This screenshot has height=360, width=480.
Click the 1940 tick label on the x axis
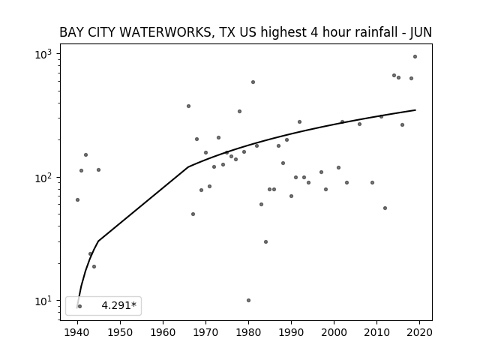point(77,332)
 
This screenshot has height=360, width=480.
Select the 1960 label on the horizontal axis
point(163,332)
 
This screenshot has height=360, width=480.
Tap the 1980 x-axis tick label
point(248,332)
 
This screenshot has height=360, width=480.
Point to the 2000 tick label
point(334,332)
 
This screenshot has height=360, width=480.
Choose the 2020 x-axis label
point(419,332)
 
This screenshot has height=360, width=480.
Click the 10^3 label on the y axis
point(43,54)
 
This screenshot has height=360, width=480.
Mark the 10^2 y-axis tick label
point(43,178)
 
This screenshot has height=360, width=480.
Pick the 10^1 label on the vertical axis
point(43,301)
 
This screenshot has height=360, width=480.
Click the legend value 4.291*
point(118,305)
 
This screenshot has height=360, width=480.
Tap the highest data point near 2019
point(415,57)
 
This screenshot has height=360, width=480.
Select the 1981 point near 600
point(253,82)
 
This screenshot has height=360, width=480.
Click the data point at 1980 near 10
point(248,300)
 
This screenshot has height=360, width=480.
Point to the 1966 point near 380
point(188,106)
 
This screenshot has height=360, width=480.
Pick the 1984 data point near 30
point(265,241)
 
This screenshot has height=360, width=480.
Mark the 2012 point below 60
point(385,208)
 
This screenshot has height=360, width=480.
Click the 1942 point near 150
point(86,155)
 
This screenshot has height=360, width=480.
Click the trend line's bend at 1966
point(188,166)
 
